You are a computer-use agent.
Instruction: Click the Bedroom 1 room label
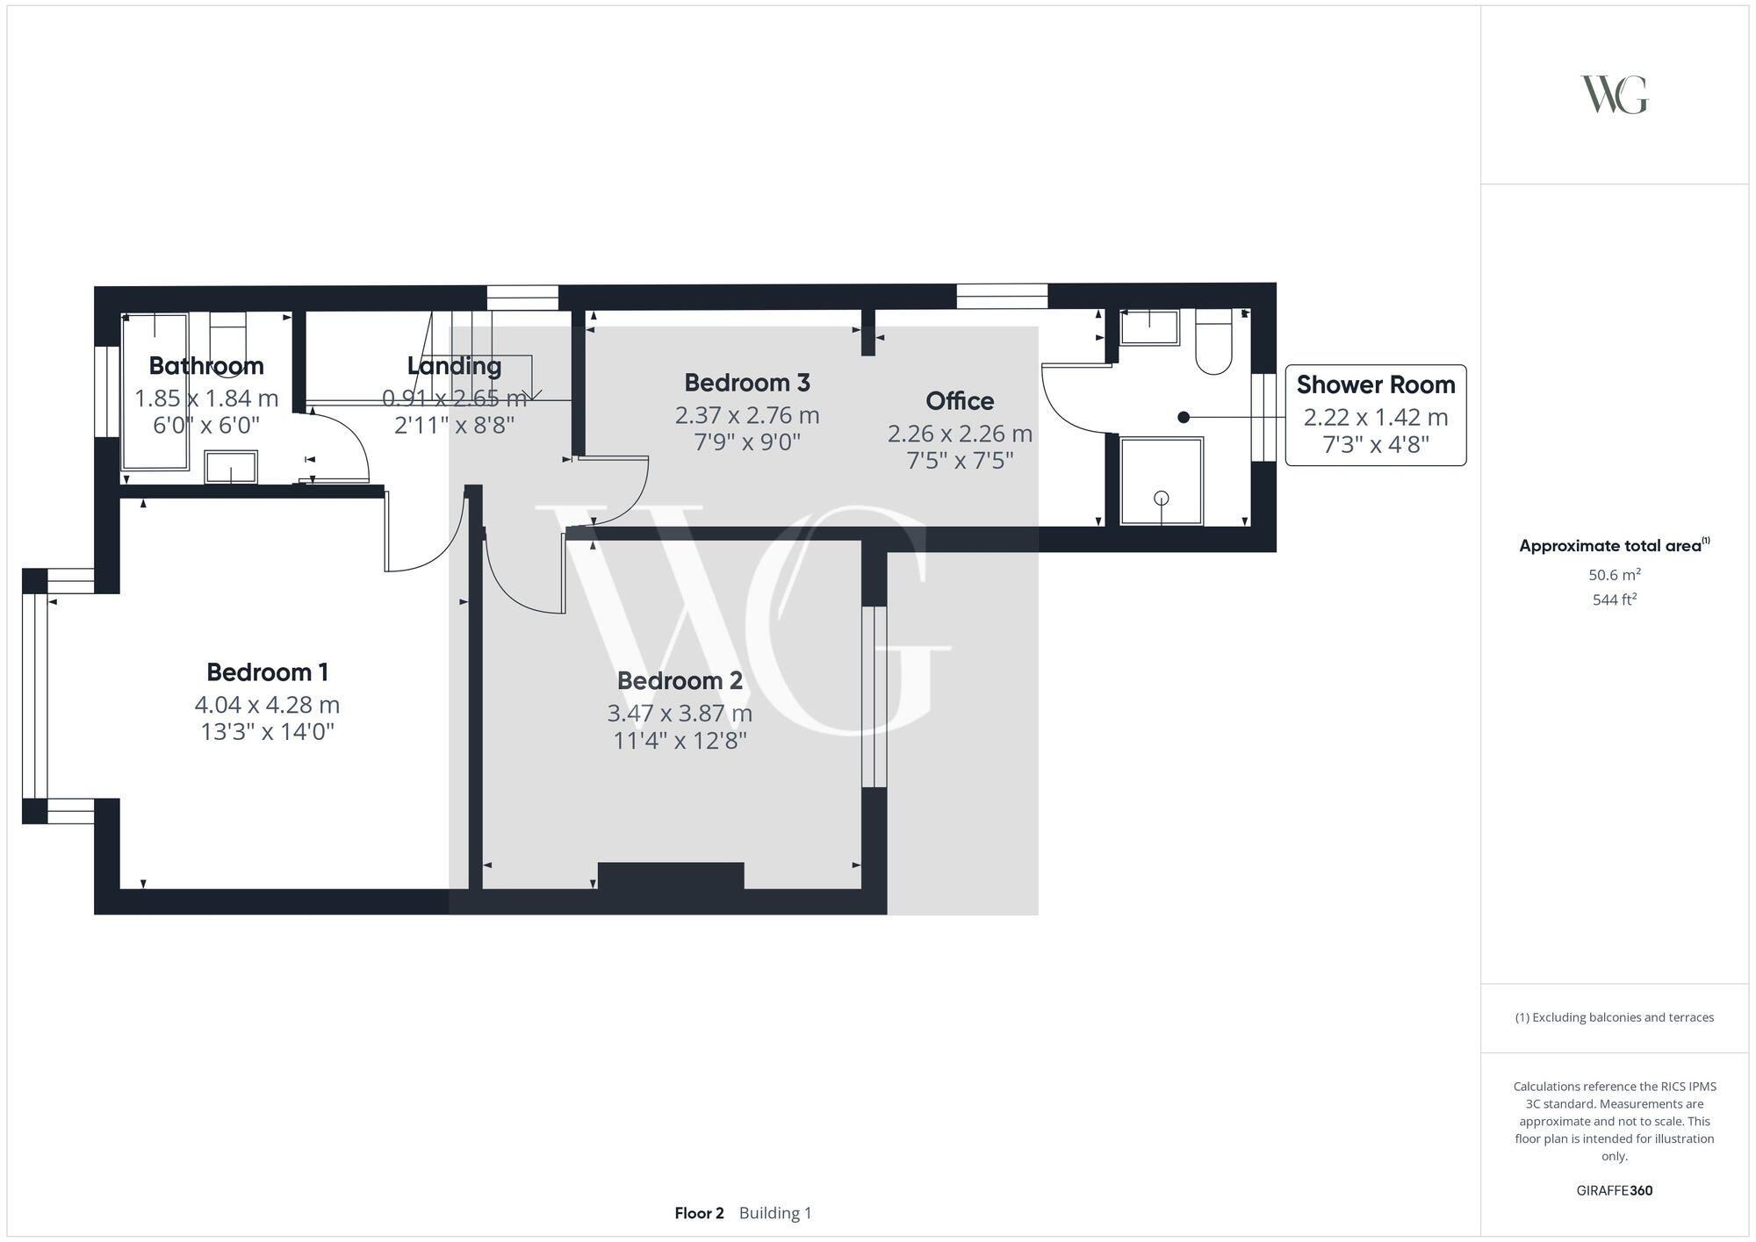coord(267,672)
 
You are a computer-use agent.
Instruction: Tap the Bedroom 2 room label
coord(680,681)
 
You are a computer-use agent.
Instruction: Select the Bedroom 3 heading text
coord(747,383)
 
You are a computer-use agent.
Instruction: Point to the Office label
coord(960,401)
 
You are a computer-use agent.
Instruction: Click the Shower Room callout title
coord(1375,384)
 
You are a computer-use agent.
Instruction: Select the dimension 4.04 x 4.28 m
coord(267,705)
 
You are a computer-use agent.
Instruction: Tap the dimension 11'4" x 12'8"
coord(680,741)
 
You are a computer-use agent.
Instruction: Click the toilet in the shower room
coord(1213,344)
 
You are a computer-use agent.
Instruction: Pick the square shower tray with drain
coord(1161,481)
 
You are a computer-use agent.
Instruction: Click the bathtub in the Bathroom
coord(155,391)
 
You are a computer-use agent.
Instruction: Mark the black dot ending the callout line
coord(1184,418)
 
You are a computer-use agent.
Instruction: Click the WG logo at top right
coord(1614,95)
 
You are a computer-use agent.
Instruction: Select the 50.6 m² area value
coord(1614,575)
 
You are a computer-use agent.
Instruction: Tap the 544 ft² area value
coord(1614,600)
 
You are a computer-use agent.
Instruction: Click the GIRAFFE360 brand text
coord(1614,1190)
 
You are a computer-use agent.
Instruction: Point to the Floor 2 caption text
coord(699,1213)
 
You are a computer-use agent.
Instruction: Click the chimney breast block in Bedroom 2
coord(671,876)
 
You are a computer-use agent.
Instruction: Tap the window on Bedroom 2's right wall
coord(874,696)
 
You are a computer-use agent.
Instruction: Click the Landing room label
coord(454,366)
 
